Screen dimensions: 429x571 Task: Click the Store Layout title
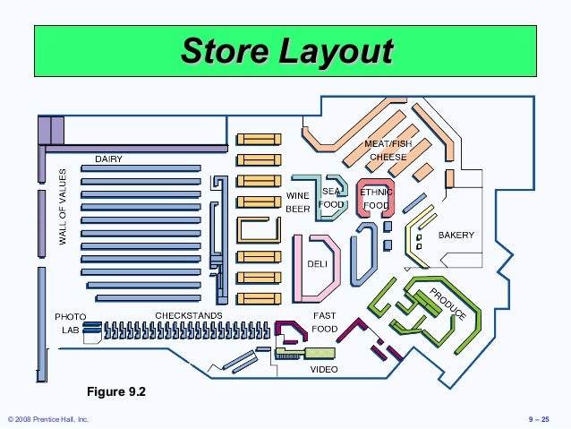tap(285, 50)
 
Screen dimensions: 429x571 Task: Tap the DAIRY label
tap(109, 159)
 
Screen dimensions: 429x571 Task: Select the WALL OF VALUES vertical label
tap(64, 209)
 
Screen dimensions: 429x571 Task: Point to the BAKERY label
tap(456, 236)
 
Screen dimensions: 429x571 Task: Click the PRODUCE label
tap(447, 305)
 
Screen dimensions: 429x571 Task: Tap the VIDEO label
tap(324, 368)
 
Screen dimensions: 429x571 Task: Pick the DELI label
tap(317, 264)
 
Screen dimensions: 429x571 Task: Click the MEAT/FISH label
tap(388, 144)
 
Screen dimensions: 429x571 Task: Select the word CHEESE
tap(388, 157)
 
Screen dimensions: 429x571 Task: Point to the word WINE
tap(297, 195)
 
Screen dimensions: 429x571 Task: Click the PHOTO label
tap(70, 317)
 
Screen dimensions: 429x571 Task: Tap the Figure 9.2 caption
tap(115, 392)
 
